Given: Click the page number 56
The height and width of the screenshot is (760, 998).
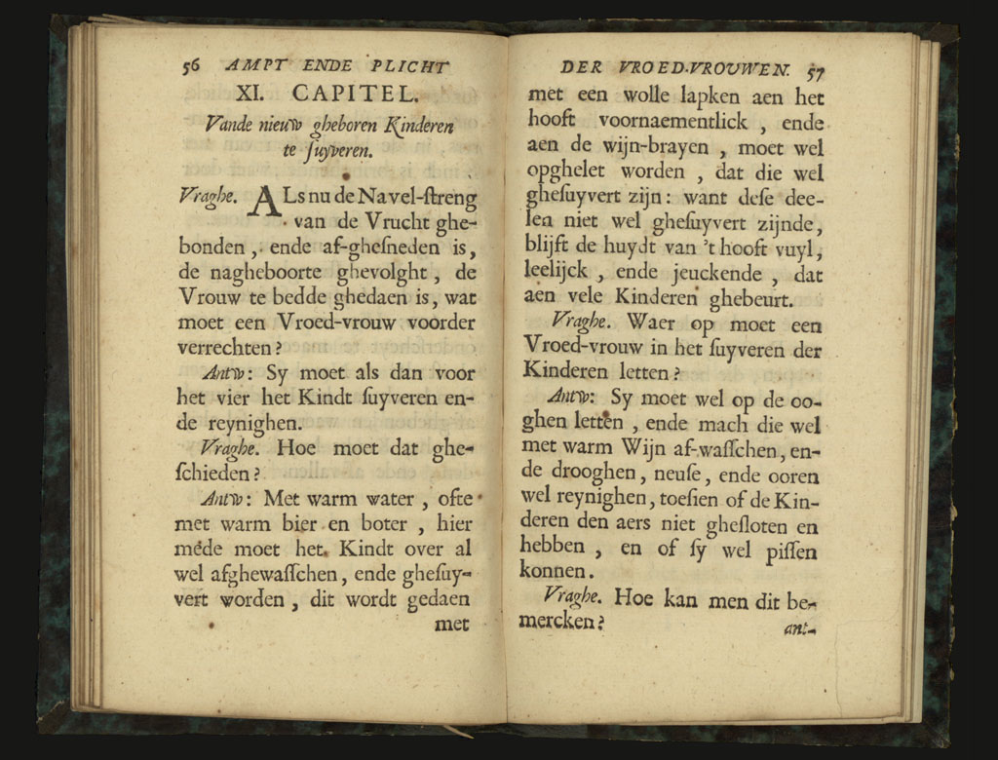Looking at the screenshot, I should click(191, 66).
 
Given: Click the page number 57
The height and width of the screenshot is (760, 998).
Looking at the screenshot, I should click(815, 69).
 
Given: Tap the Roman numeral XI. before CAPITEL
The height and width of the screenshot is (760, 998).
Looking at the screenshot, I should click(255, 95).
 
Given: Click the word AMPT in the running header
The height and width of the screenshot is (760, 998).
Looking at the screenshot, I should click(250, 66).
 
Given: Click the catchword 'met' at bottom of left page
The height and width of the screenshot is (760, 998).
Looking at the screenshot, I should click(451, 624).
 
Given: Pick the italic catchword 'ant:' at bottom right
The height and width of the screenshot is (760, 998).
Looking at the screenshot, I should click(797, 628).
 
